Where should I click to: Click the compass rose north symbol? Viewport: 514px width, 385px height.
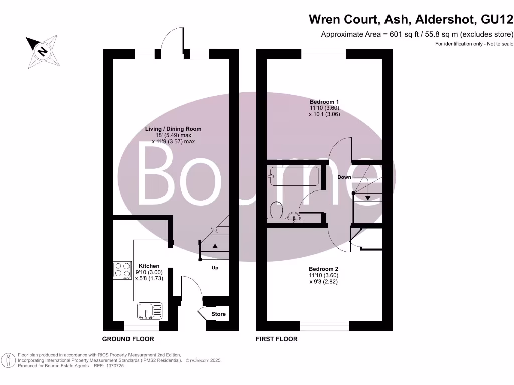tap(42, 51)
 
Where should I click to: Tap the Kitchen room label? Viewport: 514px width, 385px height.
tap(149, 266)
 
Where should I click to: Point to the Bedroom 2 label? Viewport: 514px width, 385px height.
tap(324, 269)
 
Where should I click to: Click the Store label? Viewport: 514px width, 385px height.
tap(218, 314)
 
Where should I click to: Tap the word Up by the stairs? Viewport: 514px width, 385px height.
tap(215, 268)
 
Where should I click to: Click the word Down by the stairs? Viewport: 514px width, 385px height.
tap(344, 177)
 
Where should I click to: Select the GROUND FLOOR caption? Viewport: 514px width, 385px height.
tap(128, 339)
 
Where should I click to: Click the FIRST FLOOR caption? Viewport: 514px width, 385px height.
tap(277, 339)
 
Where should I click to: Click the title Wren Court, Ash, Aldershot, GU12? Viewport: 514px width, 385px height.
tap(411, 20)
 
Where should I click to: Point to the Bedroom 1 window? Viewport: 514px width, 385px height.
tap(324, 54)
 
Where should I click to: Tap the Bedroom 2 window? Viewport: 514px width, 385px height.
tap(324, 326)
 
